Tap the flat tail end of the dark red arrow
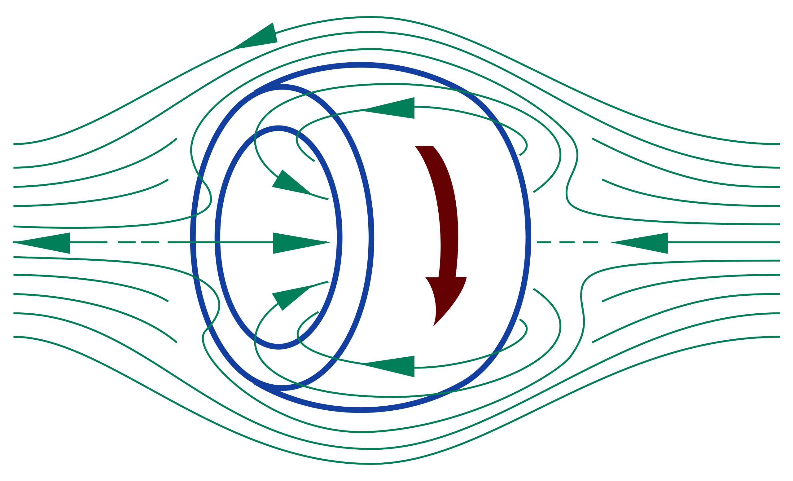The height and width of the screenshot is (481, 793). pyautogui.click(x=424, y=147)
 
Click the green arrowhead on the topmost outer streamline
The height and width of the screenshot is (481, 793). pyautogui.click(x=261, y=37)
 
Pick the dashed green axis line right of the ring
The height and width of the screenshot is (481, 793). pyautogui.click(x=570, y=242)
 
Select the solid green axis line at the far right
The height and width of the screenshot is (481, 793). pyautogui.click(x=724, y=242)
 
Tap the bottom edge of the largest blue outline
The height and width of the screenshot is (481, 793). pyautogui.click(x=362, y=410)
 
